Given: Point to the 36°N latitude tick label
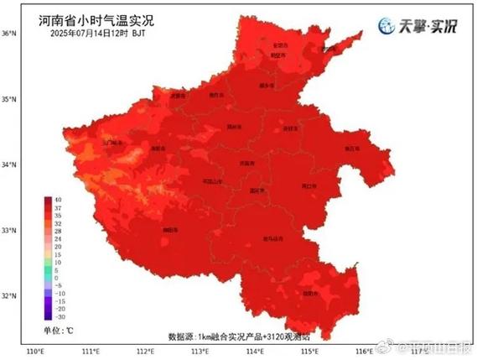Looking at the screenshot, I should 9,34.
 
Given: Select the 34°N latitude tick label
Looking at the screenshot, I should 9,164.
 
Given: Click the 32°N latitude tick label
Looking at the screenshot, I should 9,295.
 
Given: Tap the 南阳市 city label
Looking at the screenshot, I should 170,228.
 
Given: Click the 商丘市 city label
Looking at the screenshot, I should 351,149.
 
